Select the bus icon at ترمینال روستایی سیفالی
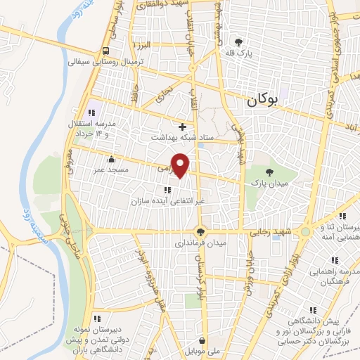[105, 51]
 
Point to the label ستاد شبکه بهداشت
[182, 138]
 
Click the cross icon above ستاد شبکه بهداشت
[183, 127]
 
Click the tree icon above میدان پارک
[269, 172]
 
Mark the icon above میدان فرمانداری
[201, 231]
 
